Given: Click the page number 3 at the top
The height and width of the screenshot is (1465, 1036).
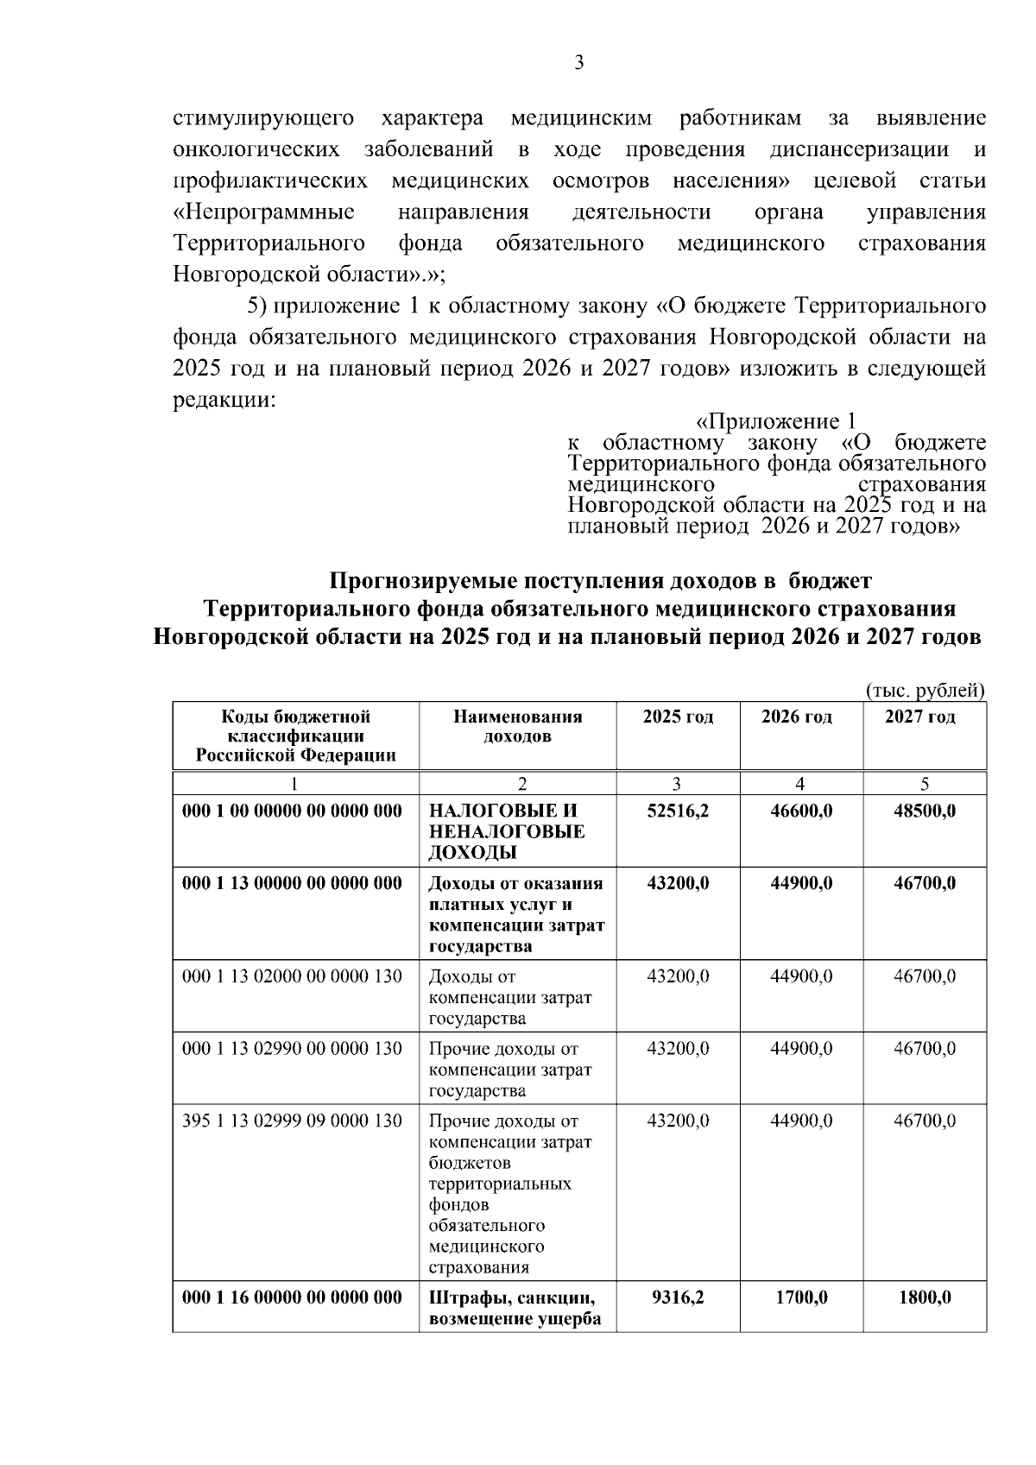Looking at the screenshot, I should tap(579, 62).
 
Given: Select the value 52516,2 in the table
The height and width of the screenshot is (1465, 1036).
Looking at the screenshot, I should tap(678, 811).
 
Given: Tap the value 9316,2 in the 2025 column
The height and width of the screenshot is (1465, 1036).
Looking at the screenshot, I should tap(678, 1298).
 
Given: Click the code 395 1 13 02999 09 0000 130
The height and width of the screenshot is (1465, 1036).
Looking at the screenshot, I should tap(293, 1121).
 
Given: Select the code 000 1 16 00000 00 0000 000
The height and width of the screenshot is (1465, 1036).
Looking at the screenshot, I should tap(293, 1298).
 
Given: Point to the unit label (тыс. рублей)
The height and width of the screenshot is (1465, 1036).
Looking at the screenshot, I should tap(924, 691).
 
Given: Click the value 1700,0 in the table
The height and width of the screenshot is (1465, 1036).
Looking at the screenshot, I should tap(801, 1298).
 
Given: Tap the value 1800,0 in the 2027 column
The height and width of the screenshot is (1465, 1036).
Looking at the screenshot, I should tap(925, 1298).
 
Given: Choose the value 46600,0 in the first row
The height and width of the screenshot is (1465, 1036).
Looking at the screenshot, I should tap(801, 811).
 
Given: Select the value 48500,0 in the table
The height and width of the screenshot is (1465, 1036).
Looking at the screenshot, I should tap(925, 811).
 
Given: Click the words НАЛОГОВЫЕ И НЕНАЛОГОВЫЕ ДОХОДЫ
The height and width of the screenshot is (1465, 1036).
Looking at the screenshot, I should tap(507, 832).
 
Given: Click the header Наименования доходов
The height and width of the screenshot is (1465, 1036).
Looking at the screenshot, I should tap(517, 726).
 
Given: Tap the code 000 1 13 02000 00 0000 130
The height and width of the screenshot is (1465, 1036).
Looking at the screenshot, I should tap(293, 976).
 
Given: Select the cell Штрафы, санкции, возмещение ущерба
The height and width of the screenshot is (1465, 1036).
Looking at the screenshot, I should tap(515, 1308).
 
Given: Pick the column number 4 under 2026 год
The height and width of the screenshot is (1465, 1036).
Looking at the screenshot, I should tap(800, 784).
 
